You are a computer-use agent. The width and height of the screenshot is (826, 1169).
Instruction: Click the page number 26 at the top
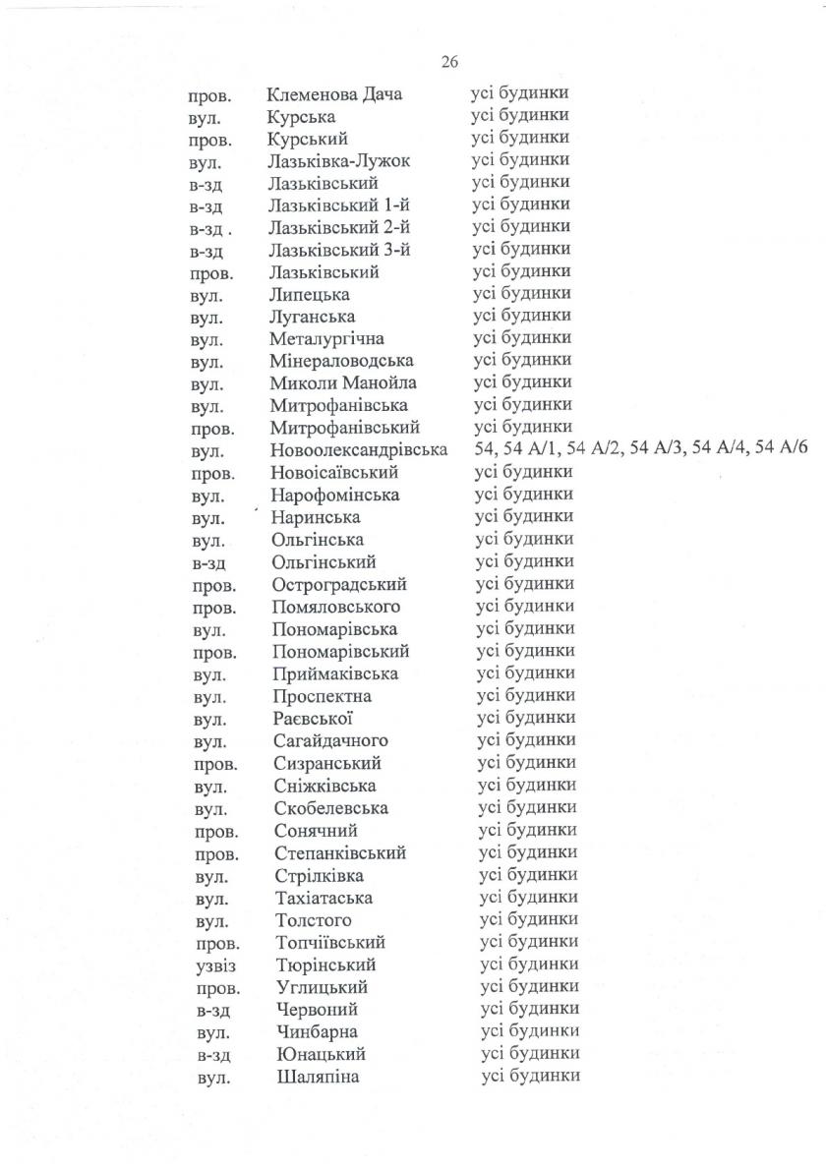pos(450,62)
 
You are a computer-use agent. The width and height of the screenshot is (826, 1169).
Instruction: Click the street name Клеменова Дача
pos(333,94)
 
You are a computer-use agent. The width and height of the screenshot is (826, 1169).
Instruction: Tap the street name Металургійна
pos(327,339)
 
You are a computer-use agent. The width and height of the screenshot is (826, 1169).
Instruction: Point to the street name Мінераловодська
pos(341,361)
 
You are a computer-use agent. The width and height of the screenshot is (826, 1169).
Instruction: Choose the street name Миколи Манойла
pos(342,383)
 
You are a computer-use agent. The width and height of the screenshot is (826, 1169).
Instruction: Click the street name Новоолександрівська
pos(359,450)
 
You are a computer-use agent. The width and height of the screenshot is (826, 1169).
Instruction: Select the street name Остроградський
pos(339,585)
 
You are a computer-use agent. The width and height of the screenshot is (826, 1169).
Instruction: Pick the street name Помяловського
pos(336,607)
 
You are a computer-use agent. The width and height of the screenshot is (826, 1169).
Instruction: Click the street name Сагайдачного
pos(331,740)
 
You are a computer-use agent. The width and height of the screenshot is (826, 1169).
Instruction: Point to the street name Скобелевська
pos(331,808)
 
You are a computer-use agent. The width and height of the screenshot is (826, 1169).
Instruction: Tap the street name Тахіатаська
pos(324,898)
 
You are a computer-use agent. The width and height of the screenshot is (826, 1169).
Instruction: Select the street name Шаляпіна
pos(318,1078)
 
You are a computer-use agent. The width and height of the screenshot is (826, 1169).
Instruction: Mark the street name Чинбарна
pos(317,1032)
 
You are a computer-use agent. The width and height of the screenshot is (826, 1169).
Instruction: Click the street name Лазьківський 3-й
pos(338,250)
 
